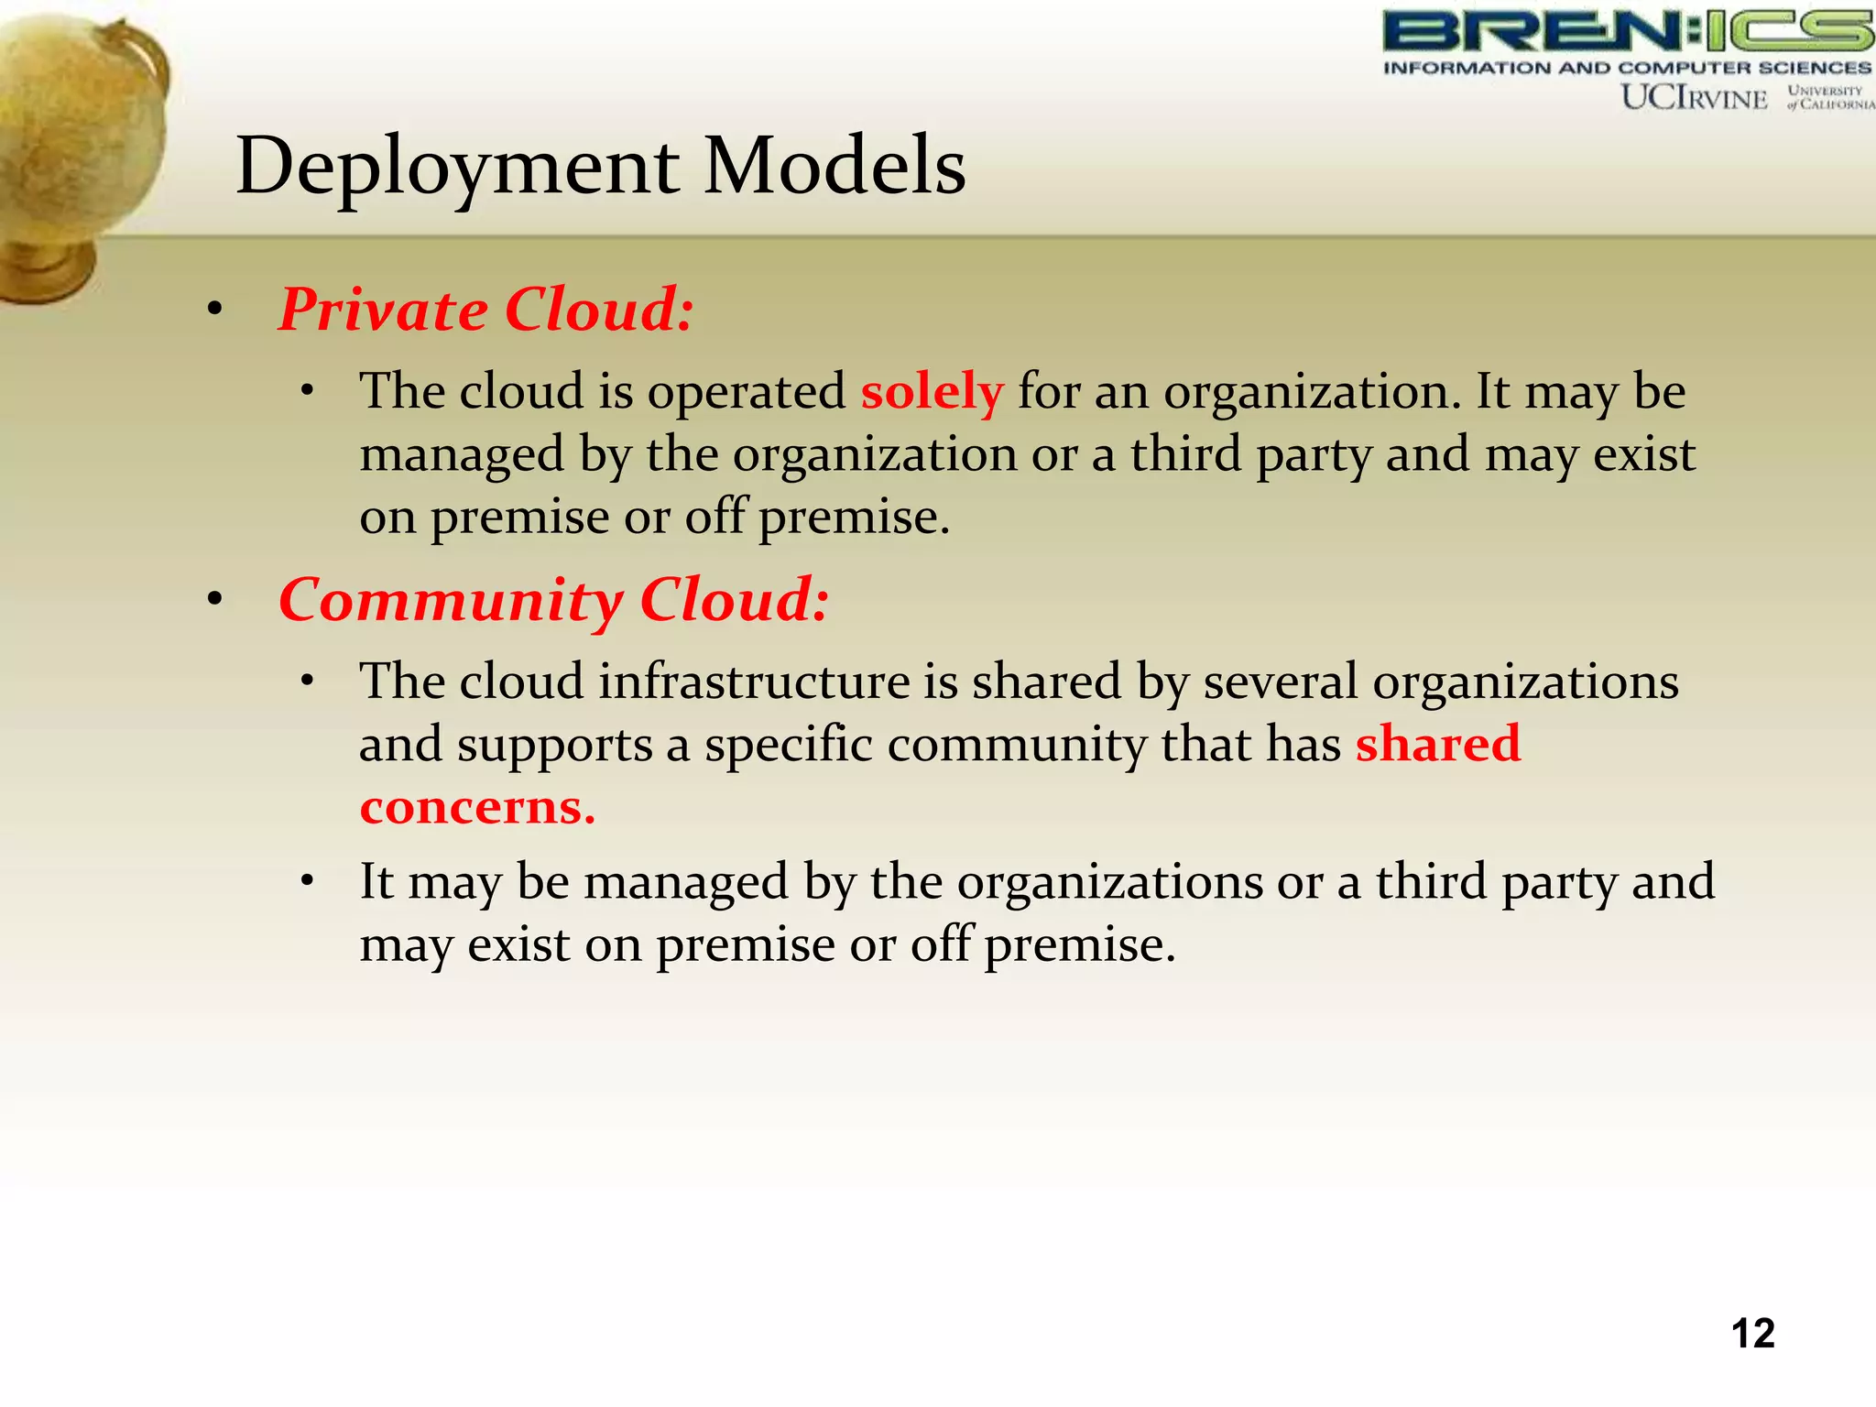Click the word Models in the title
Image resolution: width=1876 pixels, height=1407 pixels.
point(834,167)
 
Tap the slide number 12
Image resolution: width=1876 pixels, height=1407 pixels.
point(1752,1334)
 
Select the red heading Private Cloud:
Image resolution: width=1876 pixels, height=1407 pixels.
point(485,310)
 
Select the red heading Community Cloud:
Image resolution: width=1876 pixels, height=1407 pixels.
point(553,601)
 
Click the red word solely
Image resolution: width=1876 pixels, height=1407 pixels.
point(932,392)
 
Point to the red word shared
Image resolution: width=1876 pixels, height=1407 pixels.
point(1437,743)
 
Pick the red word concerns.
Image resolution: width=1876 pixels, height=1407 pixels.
point(477,807)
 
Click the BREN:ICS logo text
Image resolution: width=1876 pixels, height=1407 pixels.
point(1628,31)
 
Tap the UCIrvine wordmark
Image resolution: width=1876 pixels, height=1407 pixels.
point(1694,97)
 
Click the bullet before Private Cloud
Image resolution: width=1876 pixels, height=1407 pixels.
point(214,311)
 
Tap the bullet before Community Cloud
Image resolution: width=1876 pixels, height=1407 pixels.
point(214,602)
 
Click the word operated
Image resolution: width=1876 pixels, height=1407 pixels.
point(747,392)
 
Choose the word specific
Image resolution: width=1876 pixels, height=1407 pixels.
point(788,744)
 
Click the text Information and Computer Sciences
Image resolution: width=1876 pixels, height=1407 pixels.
point(1627,68)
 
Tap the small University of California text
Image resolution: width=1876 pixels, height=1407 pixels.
point(1828,97)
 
